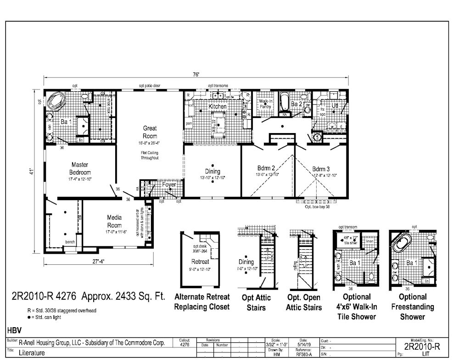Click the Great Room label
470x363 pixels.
tap(150, 133)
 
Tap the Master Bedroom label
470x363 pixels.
tap(79, 168)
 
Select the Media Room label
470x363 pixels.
tap(114, 221)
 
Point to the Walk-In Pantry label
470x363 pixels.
tap(265, 104)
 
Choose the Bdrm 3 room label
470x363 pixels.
tap(321, 168)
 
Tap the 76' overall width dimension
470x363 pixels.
tap(196, 75)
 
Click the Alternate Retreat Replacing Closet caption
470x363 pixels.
tap(201, 302)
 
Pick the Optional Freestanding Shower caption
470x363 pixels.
tap(412, 307)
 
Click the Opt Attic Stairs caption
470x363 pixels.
tap(256, 302)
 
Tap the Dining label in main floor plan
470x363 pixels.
tap(213, 171)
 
